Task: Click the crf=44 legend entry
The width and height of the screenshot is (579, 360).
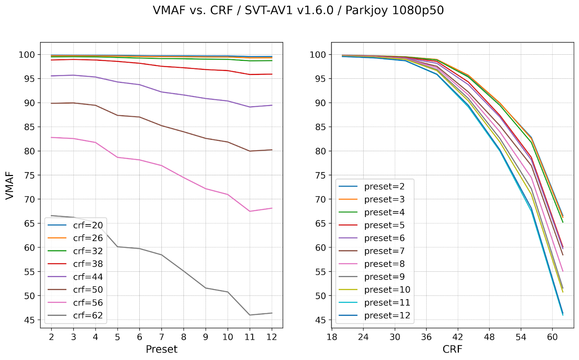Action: [x=88, y=277]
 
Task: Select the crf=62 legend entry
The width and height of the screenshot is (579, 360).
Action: [x=88, y=315]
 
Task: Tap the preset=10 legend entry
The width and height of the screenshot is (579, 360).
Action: [x=387, y=290]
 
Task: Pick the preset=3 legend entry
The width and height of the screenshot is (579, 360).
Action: [x=384, y=200]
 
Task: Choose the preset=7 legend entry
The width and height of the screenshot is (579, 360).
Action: [x=384, y=251]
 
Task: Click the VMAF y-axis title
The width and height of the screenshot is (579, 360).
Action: [x=10, y=185]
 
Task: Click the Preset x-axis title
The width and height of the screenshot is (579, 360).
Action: [x=161, y=349]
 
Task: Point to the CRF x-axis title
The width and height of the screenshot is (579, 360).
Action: [x=452, y=349]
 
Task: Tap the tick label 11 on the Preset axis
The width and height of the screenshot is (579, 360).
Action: [x=250, y=337]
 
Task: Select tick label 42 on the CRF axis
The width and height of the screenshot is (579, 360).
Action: [x=458, y=337]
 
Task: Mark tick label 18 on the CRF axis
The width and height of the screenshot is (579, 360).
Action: [x=332, y=337]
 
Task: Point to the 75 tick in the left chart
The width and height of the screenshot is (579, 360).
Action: [x=30, y=175]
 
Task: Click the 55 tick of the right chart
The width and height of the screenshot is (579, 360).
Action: [x=321, y=272]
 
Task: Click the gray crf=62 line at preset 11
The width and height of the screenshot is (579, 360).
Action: [x=250, y=315]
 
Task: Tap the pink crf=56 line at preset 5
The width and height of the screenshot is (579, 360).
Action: [x=118, y=157]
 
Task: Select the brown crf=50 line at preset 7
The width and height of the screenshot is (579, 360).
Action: [x=162, y=126]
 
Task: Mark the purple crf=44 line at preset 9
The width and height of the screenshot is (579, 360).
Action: [x=206, y=99]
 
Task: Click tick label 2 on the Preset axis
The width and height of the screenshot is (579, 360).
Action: [x=51, y=337]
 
